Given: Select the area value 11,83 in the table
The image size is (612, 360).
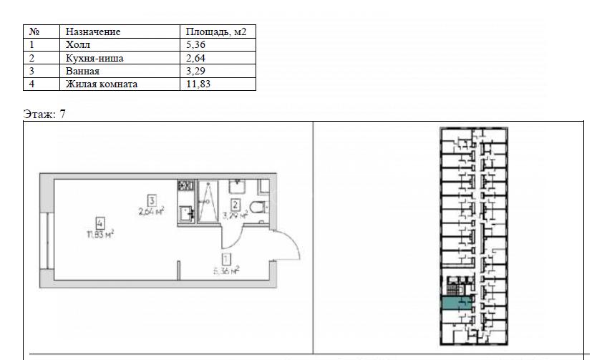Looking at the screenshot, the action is coord(198,84).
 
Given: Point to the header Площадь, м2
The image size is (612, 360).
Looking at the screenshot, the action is coord(216,31).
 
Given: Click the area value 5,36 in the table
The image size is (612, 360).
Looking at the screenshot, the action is coord(195,44).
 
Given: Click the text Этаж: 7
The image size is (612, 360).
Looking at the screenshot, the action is coord(44,114).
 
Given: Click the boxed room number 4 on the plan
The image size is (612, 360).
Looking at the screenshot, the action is coord(100,224).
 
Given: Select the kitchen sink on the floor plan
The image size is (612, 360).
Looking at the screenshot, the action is coord(185,213).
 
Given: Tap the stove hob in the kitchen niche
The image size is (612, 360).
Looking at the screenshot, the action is coord(186,185).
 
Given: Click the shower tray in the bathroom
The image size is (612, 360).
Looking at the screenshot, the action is coord(208,202).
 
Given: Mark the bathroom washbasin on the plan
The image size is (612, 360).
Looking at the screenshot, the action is coord(238,186).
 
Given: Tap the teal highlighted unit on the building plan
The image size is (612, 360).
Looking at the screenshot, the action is coord(456,303).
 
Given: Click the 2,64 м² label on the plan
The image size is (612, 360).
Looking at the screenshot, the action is coord(151,212).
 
